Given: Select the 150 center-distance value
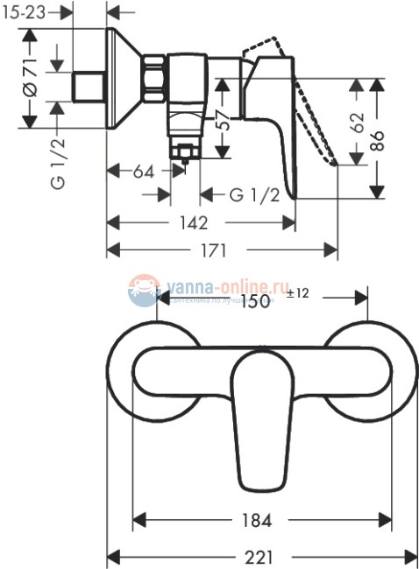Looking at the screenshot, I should (255, 299).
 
